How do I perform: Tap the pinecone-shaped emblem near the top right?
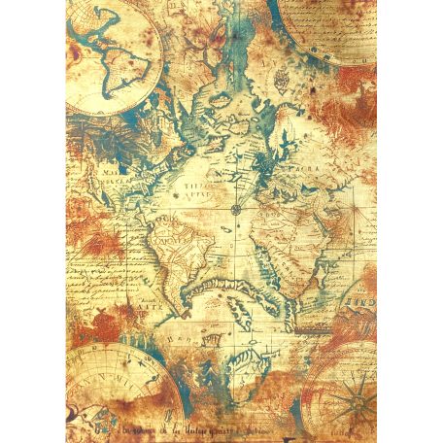tap(283, 75)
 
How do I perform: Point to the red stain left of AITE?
tap(80, 308)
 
